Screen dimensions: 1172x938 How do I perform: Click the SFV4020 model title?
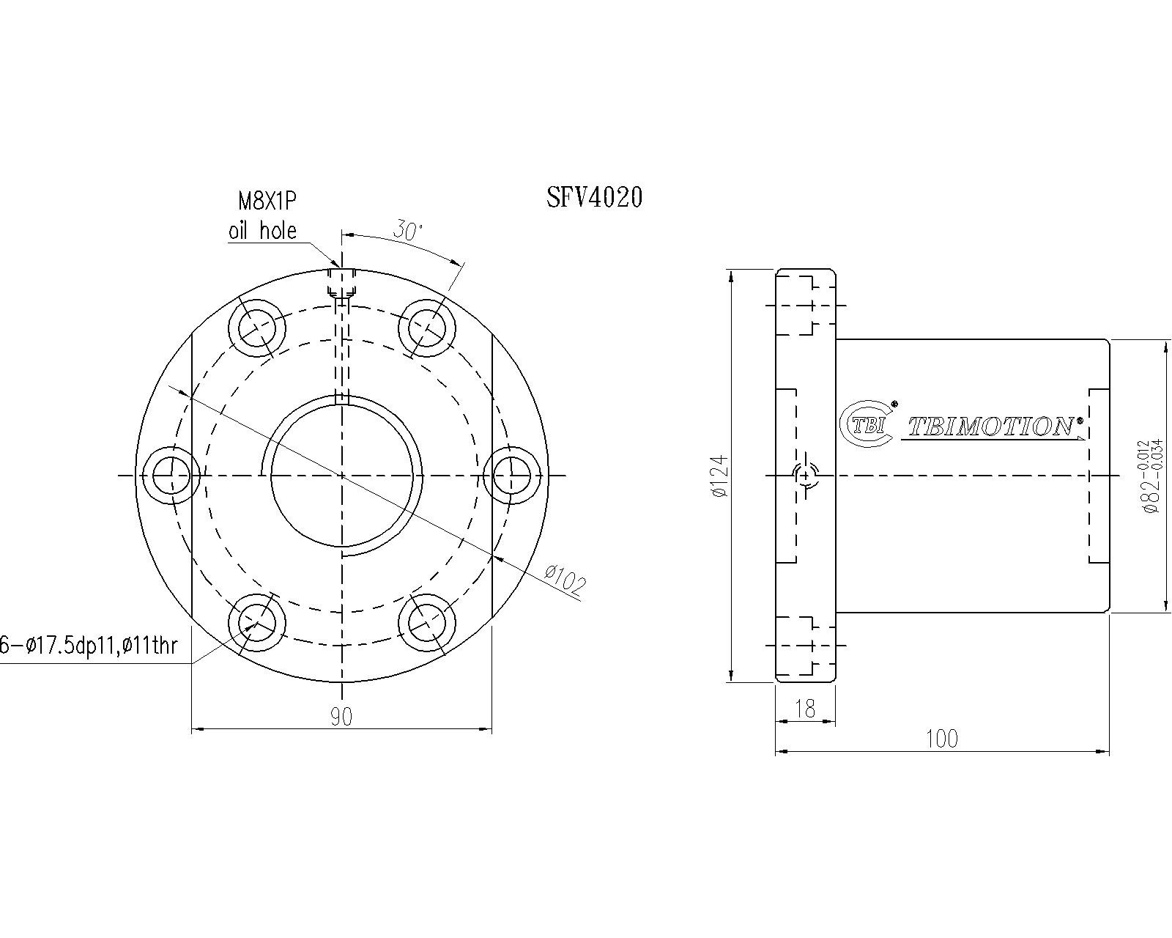[595, 196]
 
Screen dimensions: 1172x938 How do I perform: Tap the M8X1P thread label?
[267, 202]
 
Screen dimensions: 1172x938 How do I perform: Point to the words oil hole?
[262, 231]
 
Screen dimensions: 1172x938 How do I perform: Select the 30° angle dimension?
[407, 232]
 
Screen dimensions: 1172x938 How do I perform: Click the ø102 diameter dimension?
[565, 580]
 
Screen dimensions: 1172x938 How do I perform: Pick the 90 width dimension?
[341, 717]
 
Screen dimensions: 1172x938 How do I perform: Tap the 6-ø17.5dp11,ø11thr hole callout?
[89, 646]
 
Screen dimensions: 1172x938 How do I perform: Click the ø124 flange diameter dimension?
[719, 476]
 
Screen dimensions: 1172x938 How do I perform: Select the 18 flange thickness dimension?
[805, 709]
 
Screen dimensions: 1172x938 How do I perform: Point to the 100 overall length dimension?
[942, 739]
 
